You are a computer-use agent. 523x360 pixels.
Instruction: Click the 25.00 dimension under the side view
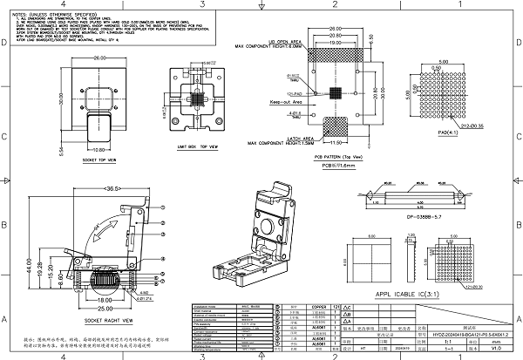point(105,309)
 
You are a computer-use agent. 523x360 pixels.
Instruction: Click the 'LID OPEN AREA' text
point(286,41)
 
